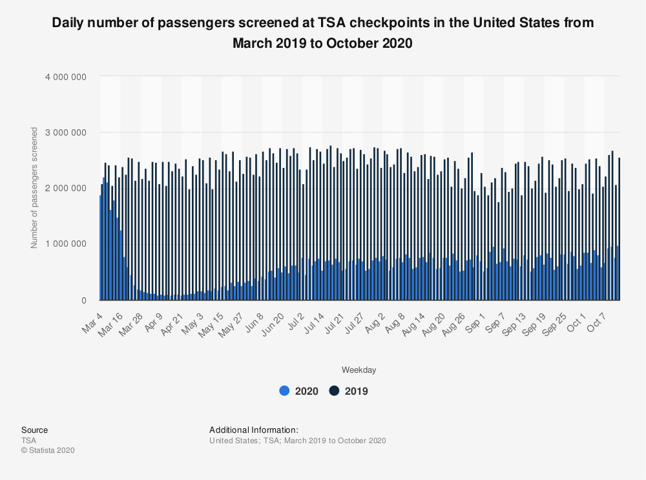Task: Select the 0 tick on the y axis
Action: tap(84, 300)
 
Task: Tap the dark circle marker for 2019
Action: tap(335, 391)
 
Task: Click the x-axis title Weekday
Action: tap(359, 370)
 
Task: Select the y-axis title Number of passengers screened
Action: tap(34, 188)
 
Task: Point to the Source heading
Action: tap(34, 430)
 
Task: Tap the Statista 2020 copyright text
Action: tap(48, 450)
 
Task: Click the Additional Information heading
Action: tap(254, 430)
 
